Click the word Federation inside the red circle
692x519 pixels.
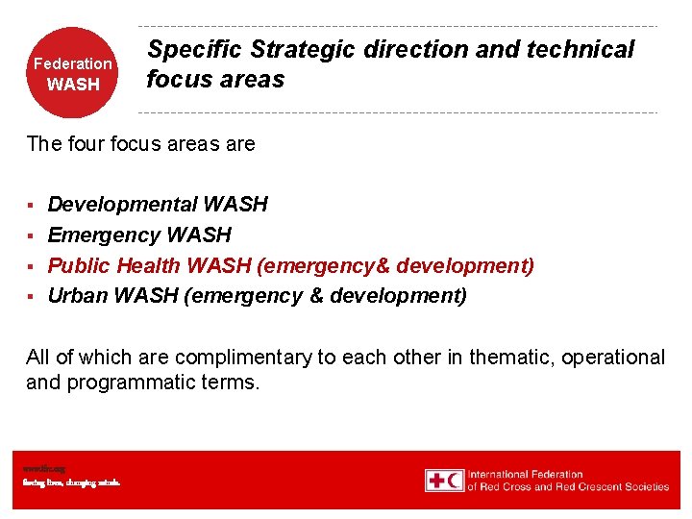73,63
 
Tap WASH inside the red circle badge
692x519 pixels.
73,85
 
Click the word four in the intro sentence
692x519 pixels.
86,144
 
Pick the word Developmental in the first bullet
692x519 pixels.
122,204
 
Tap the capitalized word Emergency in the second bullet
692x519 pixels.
104,235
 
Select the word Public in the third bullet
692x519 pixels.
80,265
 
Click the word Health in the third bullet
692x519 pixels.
150,265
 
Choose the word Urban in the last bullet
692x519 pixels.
77,296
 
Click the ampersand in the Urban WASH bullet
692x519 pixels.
316,296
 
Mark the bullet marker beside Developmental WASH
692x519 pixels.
31,205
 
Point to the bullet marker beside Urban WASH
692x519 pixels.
31,297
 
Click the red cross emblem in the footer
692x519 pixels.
435,480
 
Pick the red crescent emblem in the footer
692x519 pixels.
455,480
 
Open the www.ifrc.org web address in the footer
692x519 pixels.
37,468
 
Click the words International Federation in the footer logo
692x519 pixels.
526,474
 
